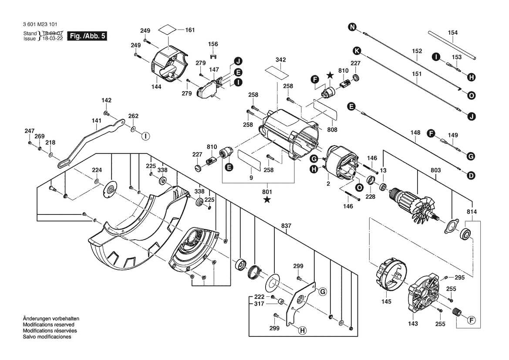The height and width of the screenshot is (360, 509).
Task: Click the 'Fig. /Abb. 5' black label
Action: (x=88, y=37)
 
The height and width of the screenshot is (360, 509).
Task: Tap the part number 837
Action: (x=286, y=226)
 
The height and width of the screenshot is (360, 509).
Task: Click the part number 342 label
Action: (x=281, y=59)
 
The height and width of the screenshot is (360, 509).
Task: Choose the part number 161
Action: (x=190, y=30)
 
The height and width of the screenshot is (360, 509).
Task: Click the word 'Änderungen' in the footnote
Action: (x=37, y=319)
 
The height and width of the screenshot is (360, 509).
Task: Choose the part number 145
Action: (x=386, y=302)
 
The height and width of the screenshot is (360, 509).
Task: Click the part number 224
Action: (x=96, y=170)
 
